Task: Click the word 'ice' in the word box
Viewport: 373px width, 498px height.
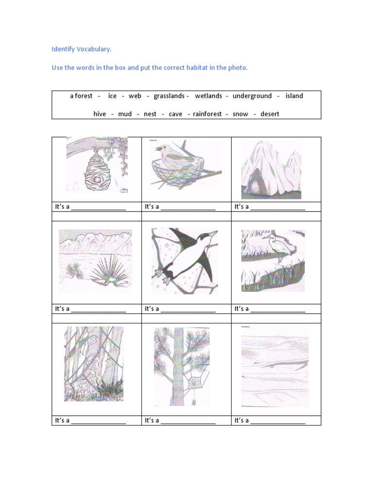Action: [x=112, y=96]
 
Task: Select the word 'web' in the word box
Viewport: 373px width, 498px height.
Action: [x=135, y=96]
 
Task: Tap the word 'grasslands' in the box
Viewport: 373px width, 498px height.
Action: [x=169, y=96]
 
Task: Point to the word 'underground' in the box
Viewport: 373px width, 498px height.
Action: [x=252, y=96]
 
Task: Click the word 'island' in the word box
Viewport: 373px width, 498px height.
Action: [x=294, y=96]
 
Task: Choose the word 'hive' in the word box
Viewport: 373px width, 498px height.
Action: [x=100, y=114]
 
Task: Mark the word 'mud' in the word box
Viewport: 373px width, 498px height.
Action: [x=125, y=114]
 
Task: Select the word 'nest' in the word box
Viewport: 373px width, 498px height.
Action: [x=150, y=114]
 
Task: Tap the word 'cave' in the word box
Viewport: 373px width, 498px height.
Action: [x=175, y=114]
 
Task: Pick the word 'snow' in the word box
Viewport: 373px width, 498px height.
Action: [x=240, y=114]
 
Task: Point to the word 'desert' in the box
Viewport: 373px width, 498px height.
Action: [x=270, y=114]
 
